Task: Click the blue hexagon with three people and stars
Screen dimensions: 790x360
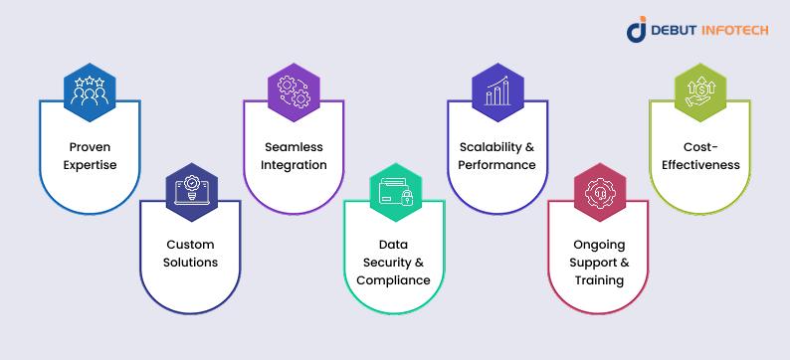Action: click(x=90, y=92)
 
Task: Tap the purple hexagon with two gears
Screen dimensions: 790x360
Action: click(x=294, y=92)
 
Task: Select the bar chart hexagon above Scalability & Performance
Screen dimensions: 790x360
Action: click(x=497, y=92)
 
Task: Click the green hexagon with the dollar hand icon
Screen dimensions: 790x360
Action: click(x=700, y=92)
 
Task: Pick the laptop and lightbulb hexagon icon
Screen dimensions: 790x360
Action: click(x=191, y=192)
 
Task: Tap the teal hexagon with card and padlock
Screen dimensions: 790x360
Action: click(x=396, y=192)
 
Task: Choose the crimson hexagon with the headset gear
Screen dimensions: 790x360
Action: click(x=600, y=192)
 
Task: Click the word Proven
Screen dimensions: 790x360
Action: click(x=90, y=147)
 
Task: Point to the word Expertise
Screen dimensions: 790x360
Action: click(x=90, y=165)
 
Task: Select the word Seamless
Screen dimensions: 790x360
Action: click(x=294, y=147)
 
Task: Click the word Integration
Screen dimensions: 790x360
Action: click(x=294, y=165)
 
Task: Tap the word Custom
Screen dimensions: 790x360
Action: click(x=190, y=245)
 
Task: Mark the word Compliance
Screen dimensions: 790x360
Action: click(x=393, y=280)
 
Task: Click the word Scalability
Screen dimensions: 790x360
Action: click(x=492, y=147)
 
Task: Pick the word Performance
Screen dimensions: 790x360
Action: click(x=496, y=165)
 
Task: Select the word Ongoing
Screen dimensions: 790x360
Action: click(x=599, y=246)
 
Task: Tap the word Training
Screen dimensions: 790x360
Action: click(x=599, y=280)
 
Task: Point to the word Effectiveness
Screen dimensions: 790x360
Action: click(x=700, y=165)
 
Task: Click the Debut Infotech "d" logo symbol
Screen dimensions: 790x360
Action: click(x=637, y=29)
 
